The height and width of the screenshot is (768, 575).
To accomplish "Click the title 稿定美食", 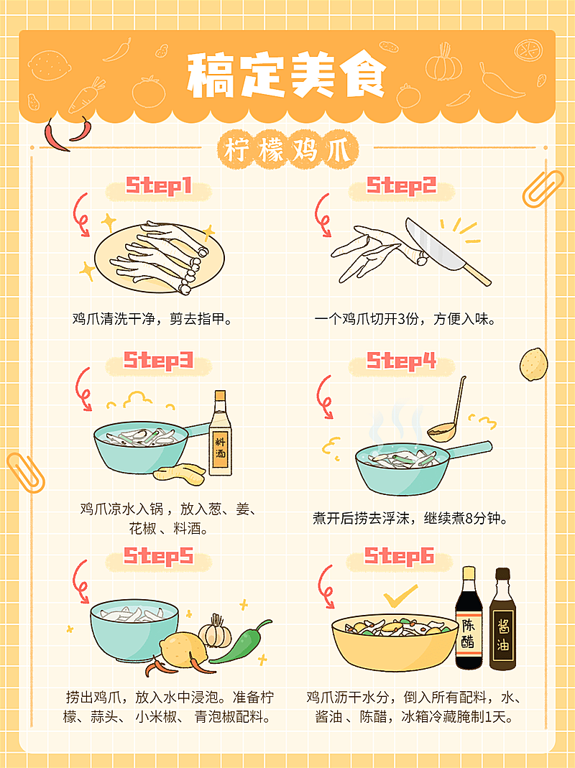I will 287,75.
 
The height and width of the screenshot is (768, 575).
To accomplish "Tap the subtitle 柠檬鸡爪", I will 287,152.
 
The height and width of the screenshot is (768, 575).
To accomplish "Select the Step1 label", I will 159,187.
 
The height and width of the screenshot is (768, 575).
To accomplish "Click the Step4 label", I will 402,361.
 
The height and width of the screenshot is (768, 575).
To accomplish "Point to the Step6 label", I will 399,556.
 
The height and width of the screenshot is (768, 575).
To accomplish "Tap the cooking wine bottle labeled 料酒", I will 221,437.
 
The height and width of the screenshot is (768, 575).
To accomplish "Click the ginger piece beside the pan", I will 180,472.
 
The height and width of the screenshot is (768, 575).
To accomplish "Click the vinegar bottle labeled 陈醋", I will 468,619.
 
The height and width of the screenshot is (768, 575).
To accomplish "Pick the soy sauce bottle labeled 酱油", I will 502,621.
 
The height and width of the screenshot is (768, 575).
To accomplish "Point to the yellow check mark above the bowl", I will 400,596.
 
